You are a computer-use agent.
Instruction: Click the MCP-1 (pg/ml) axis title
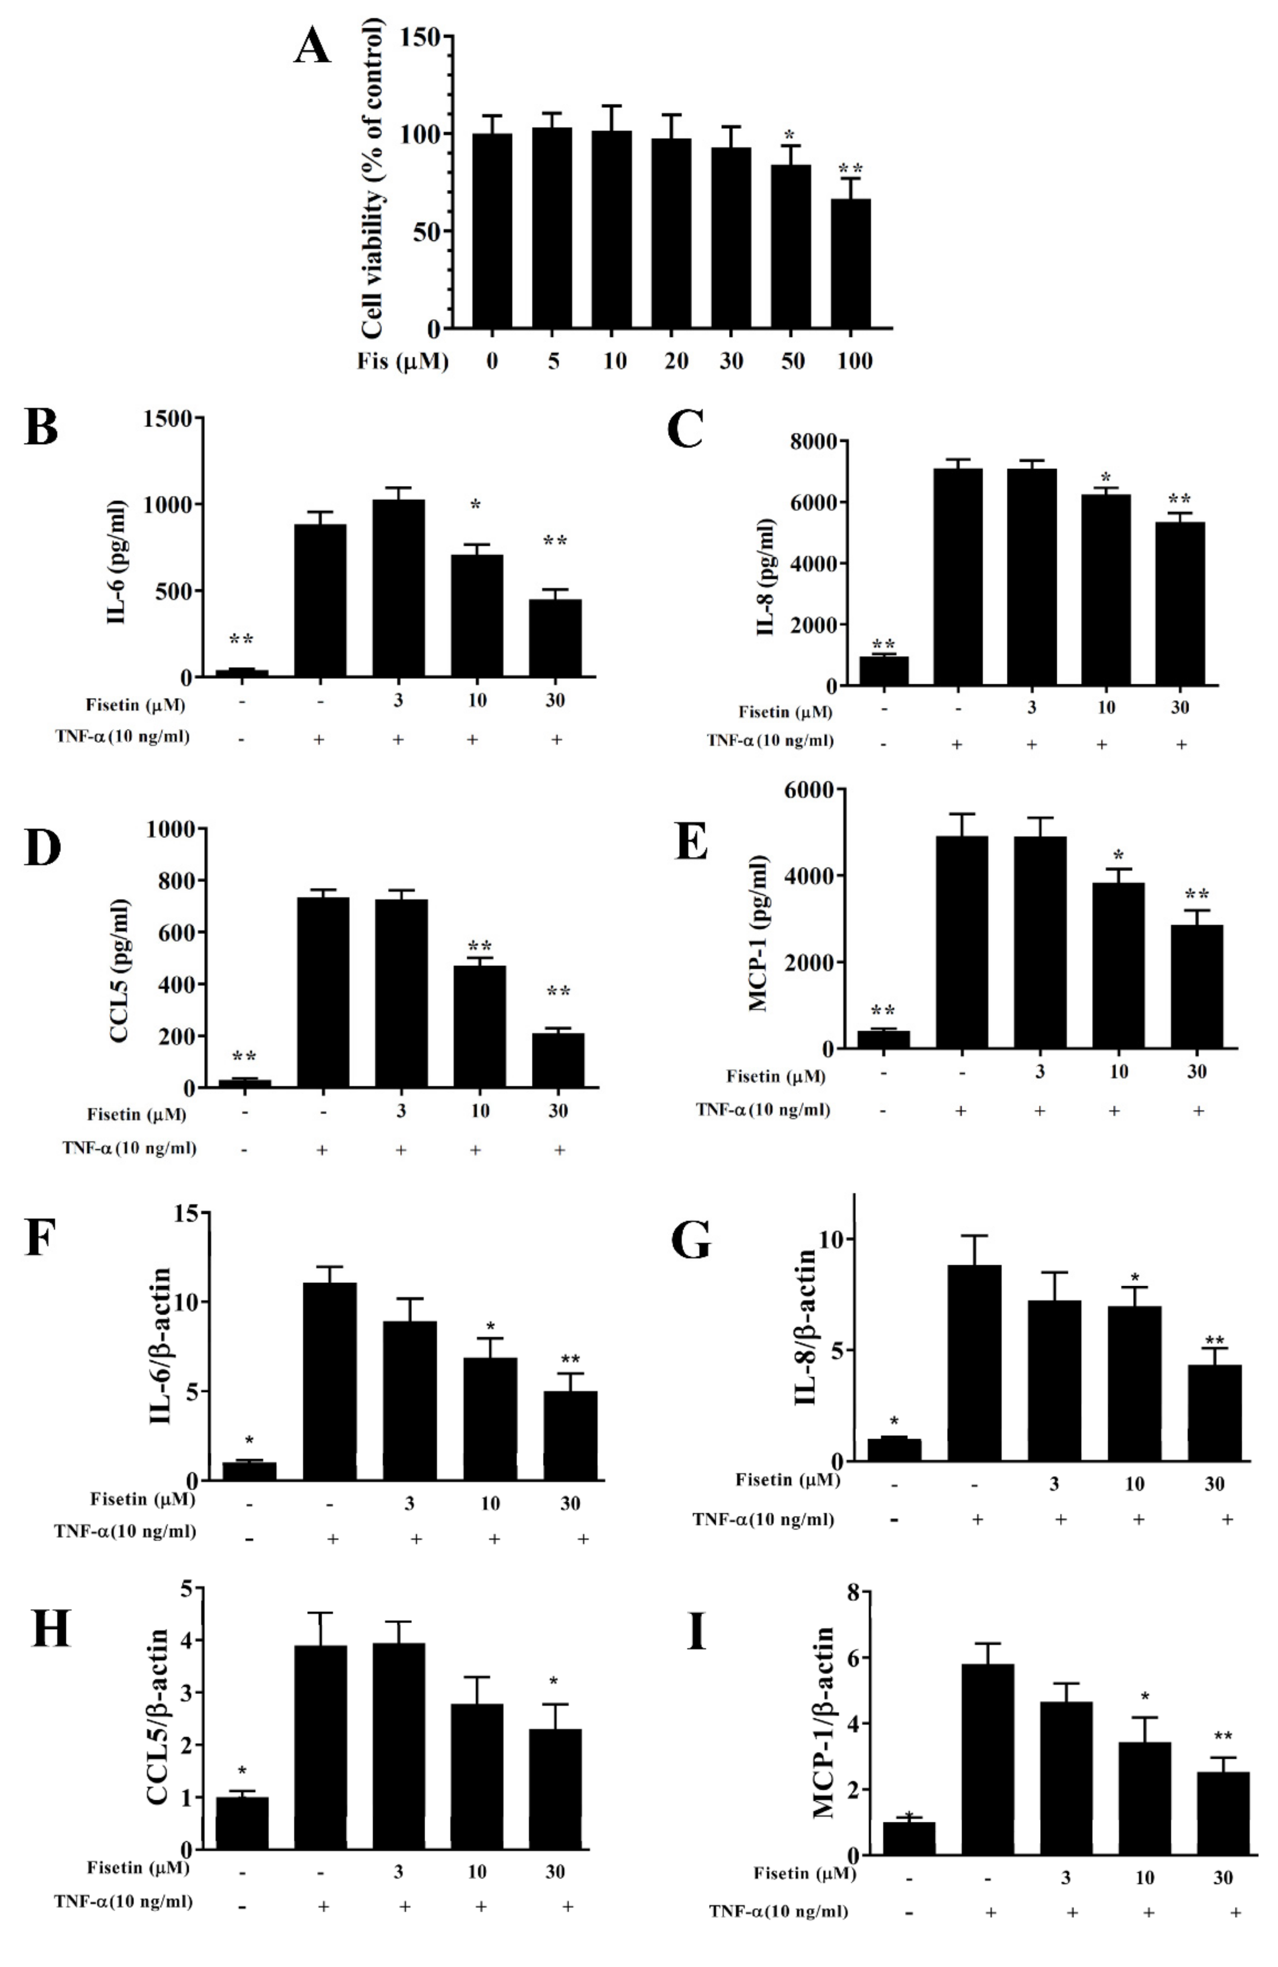[758, 934]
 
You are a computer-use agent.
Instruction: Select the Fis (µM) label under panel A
[403, 361]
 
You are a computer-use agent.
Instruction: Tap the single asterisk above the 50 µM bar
[790, 135]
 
